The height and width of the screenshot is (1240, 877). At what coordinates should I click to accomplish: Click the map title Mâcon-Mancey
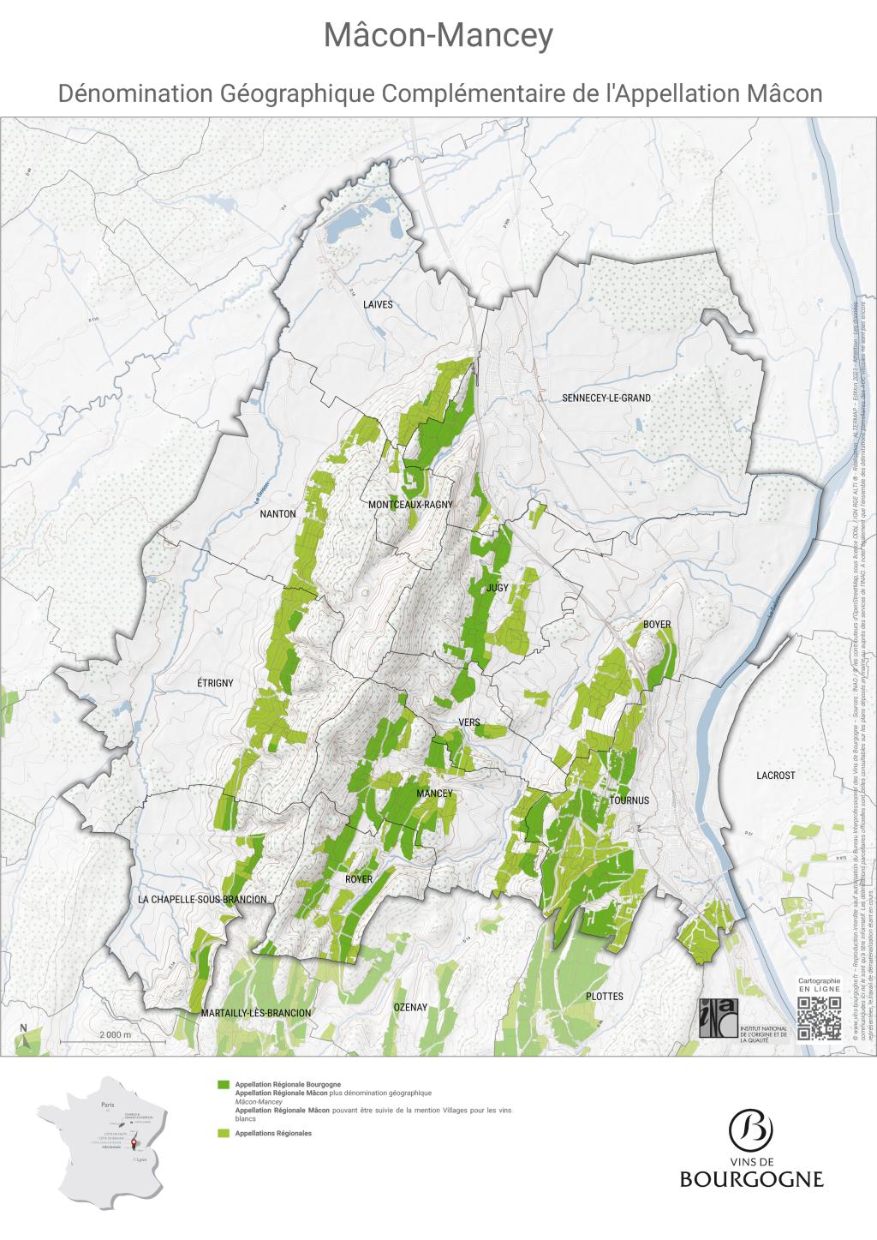click(438, 37)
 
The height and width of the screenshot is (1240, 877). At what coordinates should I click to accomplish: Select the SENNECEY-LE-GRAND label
click(606, 398)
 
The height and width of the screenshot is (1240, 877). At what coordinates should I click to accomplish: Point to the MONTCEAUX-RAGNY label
click(409, 505)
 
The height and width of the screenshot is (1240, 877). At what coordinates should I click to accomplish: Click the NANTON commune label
click(277, 514)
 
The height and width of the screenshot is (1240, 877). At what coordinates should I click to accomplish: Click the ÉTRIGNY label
click(215, 683)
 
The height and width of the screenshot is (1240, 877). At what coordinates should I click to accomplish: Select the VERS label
click(468, 722)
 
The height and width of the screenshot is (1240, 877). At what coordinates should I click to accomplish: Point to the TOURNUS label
click(630, 800)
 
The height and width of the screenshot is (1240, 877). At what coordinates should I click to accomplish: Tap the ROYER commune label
click(359, 879)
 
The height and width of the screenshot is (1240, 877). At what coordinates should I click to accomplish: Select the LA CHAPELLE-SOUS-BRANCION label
click(202, 900)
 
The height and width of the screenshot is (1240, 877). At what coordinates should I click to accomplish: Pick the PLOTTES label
click(605, 997)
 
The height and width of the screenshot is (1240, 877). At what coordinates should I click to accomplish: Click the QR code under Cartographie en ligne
click(820, 1019)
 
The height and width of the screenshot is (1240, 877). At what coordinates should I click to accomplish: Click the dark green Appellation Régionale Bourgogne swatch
click(224, 1084)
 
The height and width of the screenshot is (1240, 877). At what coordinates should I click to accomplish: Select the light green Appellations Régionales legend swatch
click(224, 1134)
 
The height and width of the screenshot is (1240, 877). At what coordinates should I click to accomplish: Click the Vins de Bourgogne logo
click(751, 1148)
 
